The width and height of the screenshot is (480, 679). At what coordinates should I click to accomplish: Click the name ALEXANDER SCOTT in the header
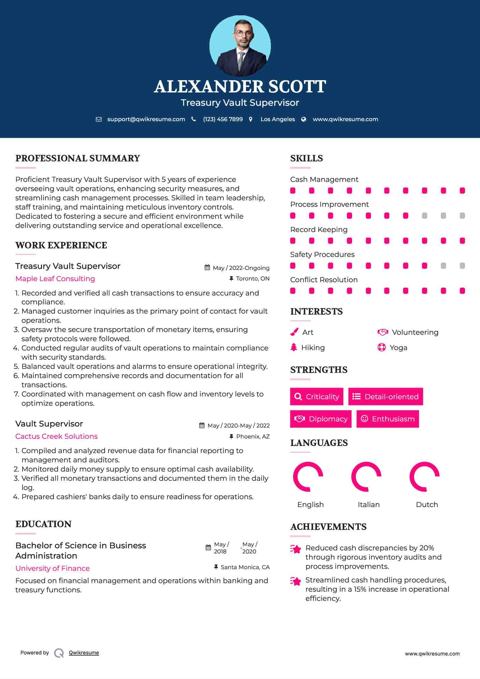(240, 87)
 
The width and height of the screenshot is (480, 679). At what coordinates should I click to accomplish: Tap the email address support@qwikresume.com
(146, 119)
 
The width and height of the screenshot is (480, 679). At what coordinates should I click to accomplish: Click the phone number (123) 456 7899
(223, 119)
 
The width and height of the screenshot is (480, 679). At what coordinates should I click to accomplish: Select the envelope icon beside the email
(99, 119)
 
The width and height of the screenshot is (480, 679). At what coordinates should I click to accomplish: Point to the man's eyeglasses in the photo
(244, 33)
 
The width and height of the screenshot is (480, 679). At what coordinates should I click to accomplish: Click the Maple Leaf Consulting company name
(55, 279)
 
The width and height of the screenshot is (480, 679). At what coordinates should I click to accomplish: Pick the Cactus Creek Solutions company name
(57, 436)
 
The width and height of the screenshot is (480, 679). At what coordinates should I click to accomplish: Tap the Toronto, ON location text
(252, 279)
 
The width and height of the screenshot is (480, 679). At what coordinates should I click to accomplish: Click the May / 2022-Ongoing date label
(241, 268)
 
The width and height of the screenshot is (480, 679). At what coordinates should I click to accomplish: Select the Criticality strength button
(317, 396)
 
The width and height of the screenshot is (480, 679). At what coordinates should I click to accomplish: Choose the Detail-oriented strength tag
(386, 396)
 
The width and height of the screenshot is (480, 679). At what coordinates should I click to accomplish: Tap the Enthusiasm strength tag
(388, 419)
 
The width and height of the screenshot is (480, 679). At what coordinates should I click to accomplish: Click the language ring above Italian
(366, 477)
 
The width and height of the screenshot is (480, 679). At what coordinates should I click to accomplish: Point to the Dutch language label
(427, 504)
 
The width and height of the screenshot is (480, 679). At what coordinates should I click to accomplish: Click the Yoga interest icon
(381, 347)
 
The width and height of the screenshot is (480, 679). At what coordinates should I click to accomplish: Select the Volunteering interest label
(415, 332)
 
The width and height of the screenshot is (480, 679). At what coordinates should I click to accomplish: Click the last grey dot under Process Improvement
(462, 216)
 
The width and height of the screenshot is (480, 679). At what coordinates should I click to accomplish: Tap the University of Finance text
(53, 568)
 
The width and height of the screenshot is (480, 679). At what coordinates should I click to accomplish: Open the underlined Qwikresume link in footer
(84, 653)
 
